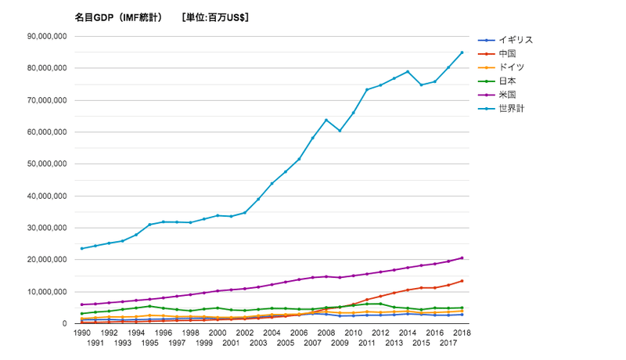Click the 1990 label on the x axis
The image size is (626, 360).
81,333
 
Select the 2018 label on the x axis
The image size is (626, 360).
462,333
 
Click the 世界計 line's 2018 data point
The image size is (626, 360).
462,52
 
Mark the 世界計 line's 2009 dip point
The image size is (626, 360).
339,131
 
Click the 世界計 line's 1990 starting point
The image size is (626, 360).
81,249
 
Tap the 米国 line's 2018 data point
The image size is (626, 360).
462,258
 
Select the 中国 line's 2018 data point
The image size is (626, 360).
462,281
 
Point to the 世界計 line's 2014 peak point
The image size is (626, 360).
408,71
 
